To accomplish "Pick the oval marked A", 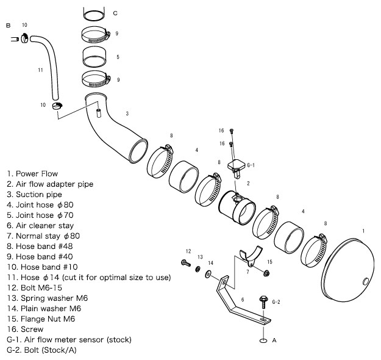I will [264, 340].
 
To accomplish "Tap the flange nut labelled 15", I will [266, 272].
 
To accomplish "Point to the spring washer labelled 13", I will [199, 270].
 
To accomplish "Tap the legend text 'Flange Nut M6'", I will [46, 319].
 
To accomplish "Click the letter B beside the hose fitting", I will [8, 26].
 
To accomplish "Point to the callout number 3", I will [126, 113].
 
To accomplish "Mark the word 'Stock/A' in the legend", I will [59, 350].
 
